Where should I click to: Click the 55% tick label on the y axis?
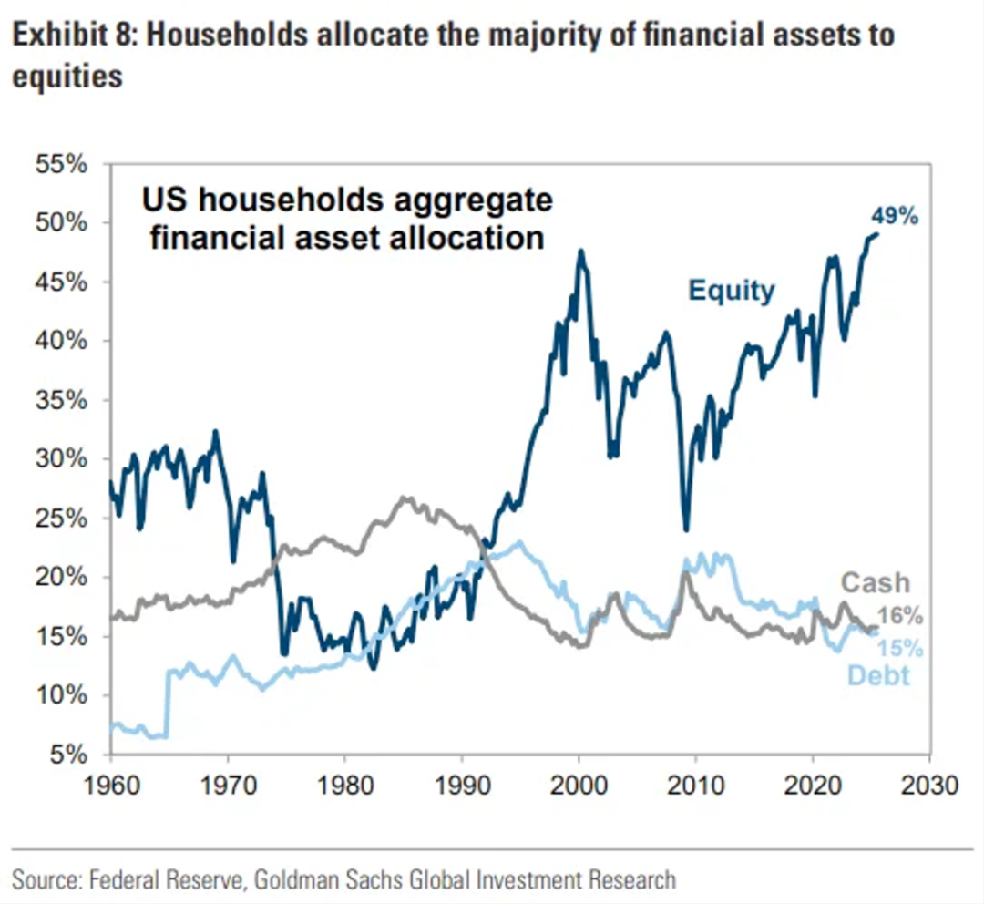pyautogui.click(x=61, y=165)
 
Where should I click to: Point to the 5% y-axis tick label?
pyautogui.click(x=67, y=755)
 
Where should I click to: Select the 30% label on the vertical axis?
pyautogui.click(x=61, y=459)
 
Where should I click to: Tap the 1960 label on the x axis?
pyautogui.click(x=110, y=786)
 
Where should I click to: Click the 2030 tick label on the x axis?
pyautogui.click(x=929, y=786)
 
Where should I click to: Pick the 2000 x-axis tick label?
pyautogui.click(x=579, y=786)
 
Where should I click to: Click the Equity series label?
pyautogui.click(x=731, y=291)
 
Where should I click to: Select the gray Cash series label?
pyautogui.click(x=875, y=582)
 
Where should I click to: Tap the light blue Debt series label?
pyautogui.click(x=878, y=676)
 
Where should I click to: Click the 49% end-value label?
pyautogui.click(x=897, y=217)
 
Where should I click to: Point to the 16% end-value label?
pyautogui.click(x=900, y=617)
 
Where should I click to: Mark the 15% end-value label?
pyautogui.click(x=900, y=649)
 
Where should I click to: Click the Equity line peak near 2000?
pyautogui.click(x=580, y=251)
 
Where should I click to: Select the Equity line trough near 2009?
pyautogui.click(x=686, y=529)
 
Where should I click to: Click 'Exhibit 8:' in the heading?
pyautogui.click(x=69, y=36)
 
